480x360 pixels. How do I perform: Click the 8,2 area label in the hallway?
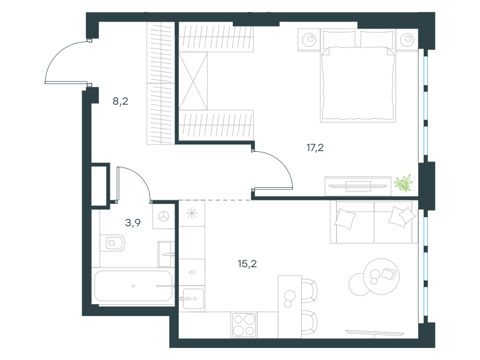click(x=121, y=101)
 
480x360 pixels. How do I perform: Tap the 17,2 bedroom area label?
click(x=315, y=148)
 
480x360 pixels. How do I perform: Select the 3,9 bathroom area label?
click(x=133, y=223)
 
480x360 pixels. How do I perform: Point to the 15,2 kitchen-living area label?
click(x=247, y=263)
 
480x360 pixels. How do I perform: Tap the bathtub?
click(x=133, y=286)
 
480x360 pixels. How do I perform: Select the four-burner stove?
click(x=244, y=325)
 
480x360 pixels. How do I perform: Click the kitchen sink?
click(x=192, y=298)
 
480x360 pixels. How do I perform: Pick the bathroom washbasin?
click(x=166, y=254)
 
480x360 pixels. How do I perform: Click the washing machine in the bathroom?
click(x=164, y=217)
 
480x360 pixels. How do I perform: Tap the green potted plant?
click(x=403, y=183)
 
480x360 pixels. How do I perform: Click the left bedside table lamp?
click(x=309, y=40)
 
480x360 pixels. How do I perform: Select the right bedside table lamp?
click(x=407, y=40)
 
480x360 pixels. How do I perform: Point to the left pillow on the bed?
click(x=340, y=39)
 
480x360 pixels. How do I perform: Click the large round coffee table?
click(x=382, y=277)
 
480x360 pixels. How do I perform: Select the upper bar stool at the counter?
click(x=310, y=291)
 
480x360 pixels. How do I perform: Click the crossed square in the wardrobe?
click(x=193, y=81)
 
